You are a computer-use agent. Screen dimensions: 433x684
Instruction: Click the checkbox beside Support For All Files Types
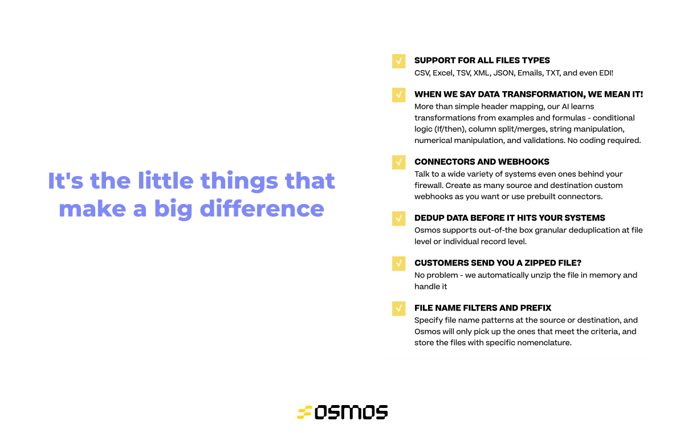398,61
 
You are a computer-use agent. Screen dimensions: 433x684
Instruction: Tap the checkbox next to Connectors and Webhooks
398,162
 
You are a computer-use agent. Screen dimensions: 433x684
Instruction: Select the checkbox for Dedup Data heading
398,218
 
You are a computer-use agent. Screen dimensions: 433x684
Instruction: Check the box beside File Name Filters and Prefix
398,308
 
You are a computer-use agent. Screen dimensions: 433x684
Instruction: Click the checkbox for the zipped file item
398,263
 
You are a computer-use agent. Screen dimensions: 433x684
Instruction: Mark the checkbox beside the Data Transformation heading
398,95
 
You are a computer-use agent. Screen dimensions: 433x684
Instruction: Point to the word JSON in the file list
504,73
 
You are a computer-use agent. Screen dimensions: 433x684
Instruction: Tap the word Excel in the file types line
442,73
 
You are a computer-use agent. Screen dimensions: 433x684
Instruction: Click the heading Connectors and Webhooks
482,162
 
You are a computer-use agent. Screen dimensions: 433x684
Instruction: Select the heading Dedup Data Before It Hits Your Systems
510,218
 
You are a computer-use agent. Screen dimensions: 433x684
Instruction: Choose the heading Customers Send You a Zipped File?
498,263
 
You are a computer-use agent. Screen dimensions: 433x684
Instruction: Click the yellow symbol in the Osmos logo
304,412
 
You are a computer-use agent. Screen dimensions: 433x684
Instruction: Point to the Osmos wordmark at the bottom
351,412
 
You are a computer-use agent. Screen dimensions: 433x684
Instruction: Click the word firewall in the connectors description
429,185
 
